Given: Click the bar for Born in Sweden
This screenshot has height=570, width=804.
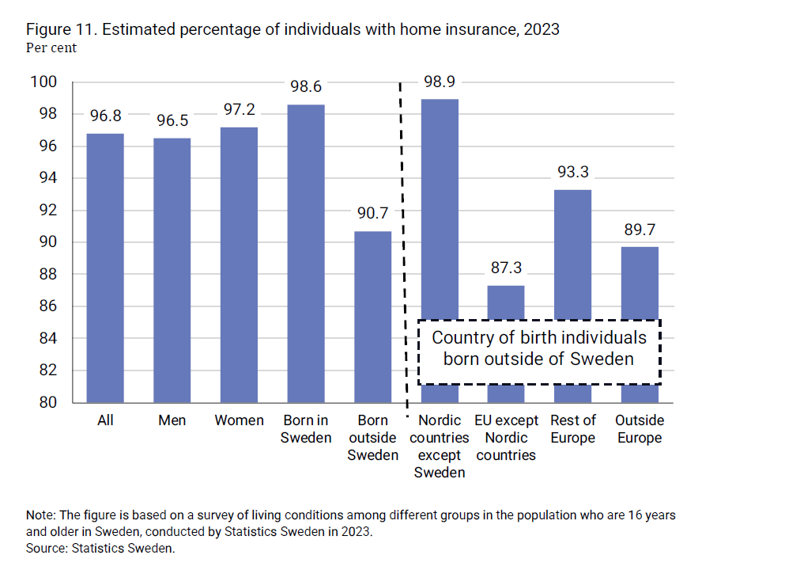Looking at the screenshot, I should coord(306,253).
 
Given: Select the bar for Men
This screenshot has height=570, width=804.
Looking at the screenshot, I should coord(172,270).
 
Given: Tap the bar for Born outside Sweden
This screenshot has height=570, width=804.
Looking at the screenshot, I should coord(373,317).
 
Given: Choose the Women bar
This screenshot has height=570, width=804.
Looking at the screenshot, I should coord(239,264).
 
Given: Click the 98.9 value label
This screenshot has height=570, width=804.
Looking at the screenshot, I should coord(440,82).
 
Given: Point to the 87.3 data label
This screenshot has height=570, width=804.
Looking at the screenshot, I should coord(506,268).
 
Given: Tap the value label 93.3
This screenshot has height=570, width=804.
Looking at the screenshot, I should coord(573,173).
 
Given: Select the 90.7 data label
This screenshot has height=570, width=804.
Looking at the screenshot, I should coord(372,215).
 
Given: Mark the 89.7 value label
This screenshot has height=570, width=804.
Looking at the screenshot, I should coord(640,230).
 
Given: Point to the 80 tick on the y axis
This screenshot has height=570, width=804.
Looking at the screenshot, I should coord(48,402).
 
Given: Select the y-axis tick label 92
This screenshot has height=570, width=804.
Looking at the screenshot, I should coord(48,211).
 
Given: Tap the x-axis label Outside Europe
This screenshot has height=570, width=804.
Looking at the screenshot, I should coord(640,429).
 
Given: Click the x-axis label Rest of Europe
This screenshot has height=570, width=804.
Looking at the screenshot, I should coord(573,429).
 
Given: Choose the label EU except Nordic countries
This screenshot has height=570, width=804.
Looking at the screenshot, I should coord(506,438).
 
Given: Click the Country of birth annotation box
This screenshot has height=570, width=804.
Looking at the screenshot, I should coord(538,348).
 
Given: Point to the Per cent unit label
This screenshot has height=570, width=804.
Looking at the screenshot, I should coord(51,47).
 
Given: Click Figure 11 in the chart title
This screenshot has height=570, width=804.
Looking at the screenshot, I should coord(62,30).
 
